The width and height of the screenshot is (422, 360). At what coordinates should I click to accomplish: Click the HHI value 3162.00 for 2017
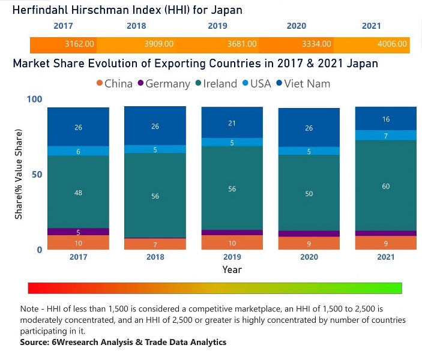(x=79, y=44)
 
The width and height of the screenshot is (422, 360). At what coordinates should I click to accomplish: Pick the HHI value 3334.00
(x=316, y=44)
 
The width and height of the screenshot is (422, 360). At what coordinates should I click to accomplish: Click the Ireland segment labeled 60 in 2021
(x=385, y=186)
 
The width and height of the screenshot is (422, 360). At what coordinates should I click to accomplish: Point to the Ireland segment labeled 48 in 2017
(x=78, y=192)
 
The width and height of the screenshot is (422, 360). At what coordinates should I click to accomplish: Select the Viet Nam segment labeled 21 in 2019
(x=232, y=123)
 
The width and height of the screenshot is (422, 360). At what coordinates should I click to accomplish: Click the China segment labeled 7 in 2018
(x=155, y=244)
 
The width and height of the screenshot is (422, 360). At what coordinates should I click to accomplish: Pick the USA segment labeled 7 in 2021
(x=385, y=136)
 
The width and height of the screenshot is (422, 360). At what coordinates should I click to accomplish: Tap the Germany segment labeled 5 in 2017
(x=78, y=232)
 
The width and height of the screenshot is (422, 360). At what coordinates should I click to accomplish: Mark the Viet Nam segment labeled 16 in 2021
(x=385, y=119)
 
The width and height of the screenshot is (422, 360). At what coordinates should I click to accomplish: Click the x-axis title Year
(x=232, y=270)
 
